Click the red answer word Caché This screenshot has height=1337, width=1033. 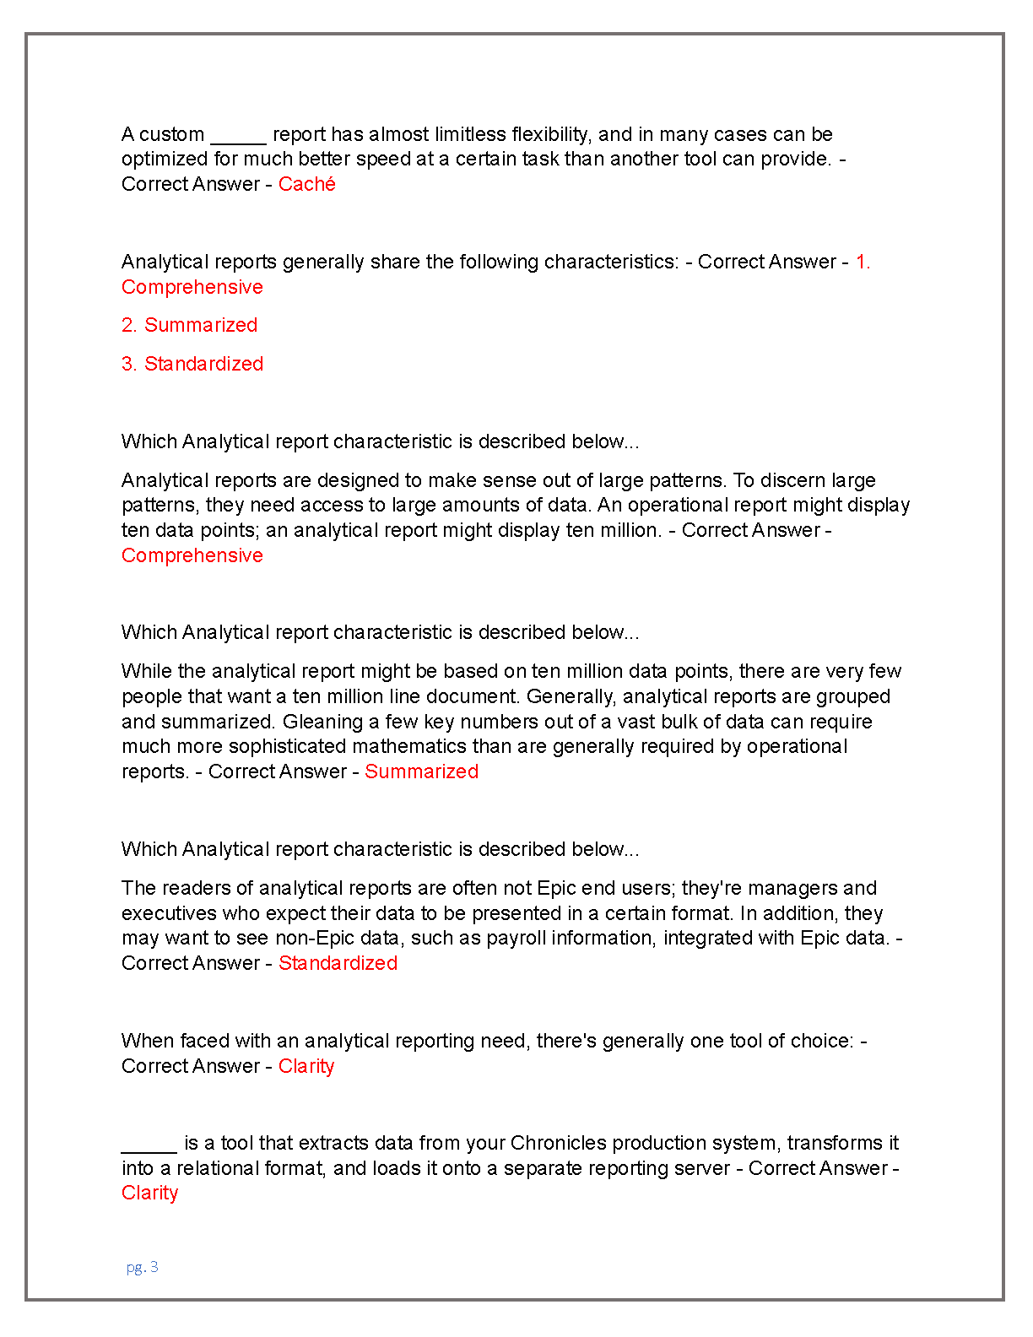306,184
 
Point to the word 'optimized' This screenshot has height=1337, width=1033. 165,160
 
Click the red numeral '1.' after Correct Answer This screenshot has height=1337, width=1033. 862,262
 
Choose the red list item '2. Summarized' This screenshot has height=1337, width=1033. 189,325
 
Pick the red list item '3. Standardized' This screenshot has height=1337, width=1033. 192,364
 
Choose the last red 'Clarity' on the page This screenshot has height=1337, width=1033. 149,1193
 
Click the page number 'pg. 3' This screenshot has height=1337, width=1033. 142,1267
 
